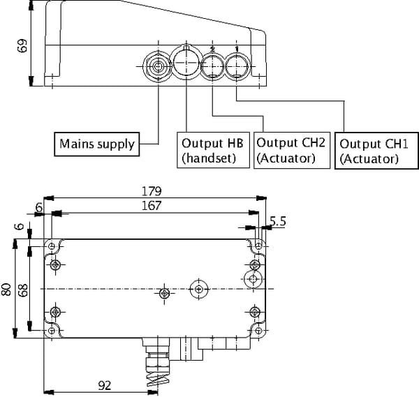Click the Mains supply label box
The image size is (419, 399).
pos(96,144)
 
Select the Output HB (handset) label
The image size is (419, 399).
pos(212,150)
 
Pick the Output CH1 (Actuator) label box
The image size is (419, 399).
pos(369,151)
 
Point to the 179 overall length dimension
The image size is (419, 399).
pos(152,190)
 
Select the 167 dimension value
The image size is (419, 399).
pos(150,206)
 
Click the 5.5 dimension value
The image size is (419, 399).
pos(277,222)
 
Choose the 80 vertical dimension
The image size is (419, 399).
pos(8,289)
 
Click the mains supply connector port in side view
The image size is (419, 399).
pos(158,68)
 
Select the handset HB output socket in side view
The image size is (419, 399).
pos(186,63)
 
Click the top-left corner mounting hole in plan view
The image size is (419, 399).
pos(52,247)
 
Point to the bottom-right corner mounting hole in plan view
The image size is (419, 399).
pos(258,331)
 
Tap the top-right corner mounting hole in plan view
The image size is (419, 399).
pos(258,247)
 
